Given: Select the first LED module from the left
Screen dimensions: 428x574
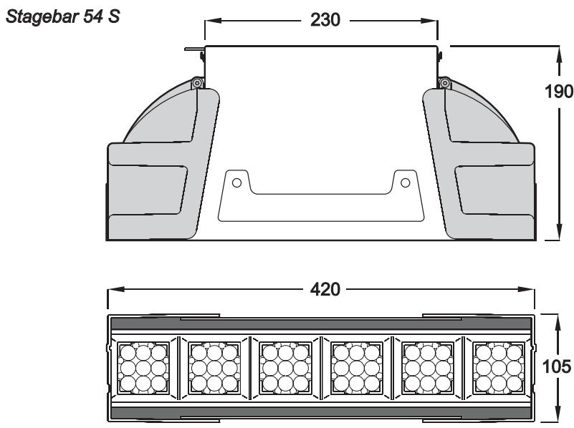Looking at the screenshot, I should click(143, 368).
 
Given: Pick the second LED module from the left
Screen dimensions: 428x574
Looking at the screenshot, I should click(214, 368).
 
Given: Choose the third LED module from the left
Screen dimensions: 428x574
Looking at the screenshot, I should click(285, 368).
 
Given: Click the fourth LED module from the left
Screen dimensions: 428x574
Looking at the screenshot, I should click(356, 368).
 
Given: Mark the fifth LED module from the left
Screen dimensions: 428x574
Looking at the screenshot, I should click(428, 368).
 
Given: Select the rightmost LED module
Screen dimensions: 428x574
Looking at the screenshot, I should click(499, 368).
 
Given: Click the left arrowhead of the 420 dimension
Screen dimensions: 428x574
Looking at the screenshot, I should click(113, 290).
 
